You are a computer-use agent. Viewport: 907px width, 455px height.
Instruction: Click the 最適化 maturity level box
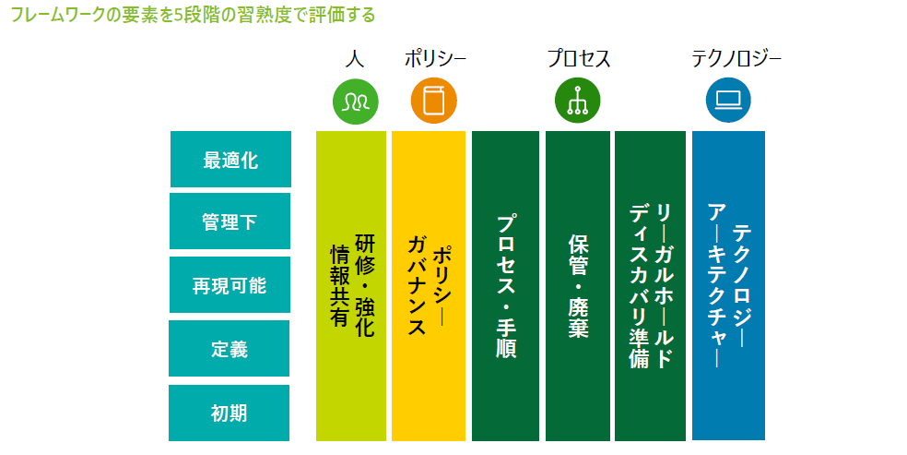pos(230,159)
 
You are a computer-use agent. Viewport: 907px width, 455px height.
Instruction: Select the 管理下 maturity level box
pos(230,222)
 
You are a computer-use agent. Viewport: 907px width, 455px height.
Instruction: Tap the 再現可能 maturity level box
pos(230,285)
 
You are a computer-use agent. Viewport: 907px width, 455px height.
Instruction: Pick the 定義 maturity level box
pos(230,349)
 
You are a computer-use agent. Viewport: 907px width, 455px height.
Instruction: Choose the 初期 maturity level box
pos(230,413)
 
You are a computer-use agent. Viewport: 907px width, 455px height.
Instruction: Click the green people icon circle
pos(355,102)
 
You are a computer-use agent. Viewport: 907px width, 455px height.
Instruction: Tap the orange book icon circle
pos(434,101)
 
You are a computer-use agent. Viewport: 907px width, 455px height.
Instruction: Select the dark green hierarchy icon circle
pos(577,101)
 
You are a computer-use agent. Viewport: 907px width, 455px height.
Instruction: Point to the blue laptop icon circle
pos(728,101)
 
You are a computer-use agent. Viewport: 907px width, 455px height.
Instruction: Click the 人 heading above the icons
pos(355,58)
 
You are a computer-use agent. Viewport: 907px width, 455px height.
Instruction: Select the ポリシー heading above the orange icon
pos(435,58)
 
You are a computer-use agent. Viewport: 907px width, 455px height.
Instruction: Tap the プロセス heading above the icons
pos(579,58)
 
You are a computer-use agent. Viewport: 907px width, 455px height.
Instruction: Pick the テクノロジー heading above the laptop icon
pos(736,58)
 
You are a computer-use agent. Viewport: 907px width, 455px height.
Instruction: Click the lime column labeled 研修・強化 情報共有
pos(351,286)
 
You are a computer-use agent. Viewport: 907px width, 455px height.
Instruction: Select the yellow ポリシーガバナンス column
pos(429,286)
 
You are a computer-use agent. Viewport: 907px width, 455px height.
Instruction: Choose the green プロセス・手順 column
pos(505,286)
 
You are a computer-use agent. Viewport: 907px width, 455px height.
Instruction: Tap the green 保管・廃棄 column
pos(578,286)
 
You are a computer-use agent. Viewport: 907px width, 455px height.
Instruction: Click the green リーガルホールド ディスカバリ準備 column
pos(650,286)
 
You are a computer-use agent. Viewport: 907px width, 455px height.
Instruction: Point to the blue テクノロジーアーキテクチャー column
pos(728,285)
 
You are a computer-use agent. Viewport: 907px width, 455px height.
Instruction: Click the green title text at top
pos(194,15)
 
